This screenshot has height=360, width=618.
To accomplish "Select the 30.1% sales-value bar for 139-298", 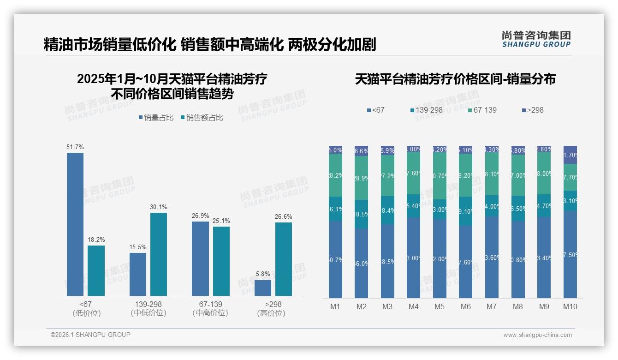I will tap(159, 254).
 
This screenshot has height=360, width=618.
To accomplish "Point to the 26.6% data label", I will tap(284, 216).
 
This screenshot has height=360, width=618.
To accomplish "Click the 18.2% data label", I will tap(96, 240).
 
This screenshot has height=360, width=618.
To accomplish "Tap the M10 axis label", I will tap(570, 306).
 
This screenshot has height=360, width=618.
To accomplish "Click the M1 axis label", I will tap(335, 306).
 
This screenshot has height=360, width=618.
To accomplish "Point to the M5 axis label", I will tap(440, 306).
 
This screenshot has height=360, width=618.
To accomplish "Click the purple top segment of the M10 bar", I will tap(570, 155).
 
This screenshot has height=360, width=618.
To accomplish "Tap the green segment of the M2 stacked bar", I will tap(362, 178).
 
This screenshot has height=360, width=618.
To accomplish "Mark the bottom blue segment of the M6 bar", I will tap(466, 261).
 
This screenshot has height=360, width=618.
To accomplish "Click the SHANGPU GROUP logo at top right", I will tap(536, 39).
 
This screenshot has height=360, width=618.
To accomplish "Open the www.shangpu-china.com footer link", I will tap(537, 335).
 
